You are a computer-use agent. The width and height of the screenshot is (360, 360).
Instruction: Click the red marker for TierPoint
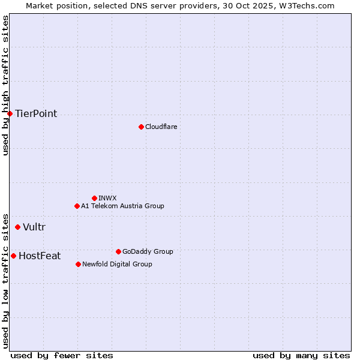10,113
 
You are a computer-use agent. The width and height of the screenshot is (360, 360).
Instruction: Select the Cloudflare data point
141,127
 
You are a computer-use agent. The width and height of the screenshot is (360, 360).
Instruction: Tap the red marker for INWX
94,198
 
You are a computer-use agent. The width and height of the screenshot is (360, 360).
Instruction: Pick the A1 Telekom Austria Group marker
77,206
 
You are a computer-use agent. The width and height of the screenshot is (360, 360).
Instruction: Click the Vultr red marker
17,227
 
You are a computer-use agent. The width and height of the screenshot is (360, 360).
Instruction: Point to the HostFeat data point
13,256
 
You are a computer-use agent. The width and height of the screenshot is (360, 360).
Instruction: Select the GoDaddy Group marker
118,251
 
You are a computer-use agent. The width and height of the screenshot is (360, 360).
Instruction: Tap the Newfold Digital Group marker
78,264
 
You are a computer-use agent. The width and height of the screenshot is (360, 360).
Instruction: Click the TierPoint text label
36,114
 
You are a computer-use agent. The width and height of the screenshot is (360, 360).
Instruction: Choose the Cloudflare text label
161,127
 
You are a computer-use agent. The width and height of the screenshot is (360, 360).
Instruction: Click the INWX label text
107,198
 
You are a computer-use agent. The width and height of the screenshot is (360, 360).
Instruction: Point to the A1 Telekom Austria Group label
122,206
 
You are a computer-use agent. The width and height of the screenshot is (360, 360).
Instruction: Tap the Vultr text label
34,227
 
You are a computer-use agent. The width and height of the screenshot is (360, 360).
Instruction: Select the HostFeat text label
40,256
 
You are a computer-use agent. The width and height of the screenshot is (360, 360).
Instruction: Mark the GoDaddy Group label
147,251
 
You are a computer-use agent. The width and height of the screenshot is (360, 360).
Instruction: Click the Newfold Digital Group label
117,264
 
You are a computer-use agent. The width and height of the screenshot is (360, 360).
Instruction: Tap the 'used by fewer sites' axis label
62,355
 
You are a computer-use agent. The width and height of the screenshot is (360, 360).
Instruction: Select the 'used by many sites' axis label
301,355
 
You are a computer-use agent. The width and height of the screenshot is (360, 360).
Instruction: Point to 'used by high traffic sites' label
6,85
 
